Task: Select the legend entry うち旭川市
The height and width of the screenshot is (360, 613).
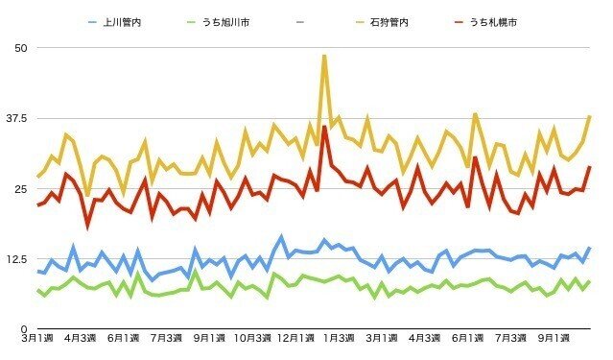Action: pyautogui.click(x=228, y=21)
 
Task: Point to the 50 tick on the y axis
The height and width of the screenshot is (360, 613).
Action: pyautogui.click(x=21, y=48)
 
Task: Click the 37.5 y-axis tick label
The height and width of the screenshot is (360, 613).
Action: pyautogui.click(x=17, y=118)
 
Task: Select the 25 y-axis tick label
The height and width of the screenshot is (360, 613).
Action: pyautogui.click(x=21, y=188)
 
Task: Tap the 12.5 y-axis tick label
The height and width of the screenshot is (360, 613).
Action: pyautogui.click(x=17, y=258)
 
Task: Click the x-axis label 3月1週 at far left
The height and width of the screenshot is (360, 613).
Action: pyautogui.click(x=38, y=340)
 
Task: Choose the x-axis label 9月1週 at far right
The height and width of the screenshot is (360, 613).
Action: pyautogui.click(x=548, y=340)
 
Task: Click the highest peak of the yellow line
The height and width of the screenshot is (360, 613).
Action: pyautogui.click(x=324, y=55)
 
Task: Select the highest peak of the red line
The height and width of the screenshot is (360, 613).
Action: pyautogui.click(x=325, y=127)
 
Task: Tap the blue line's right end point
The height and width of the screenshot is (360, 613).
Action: pyautogui.click(x=590, y=248)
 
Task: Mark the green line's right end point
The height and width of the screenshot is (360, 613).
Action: pyautogui.click(x=590, y=281)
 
